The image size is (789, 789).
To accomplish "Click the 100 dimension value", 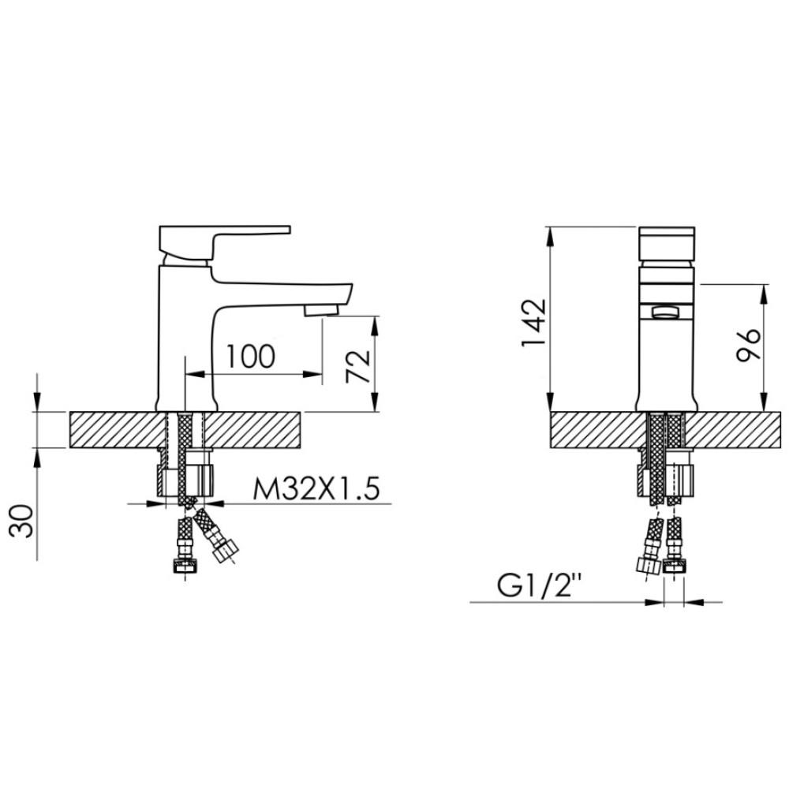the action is (x=251, y=356).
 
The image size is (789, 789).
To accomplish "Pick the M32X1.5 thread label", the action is (x=316, y=488).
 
